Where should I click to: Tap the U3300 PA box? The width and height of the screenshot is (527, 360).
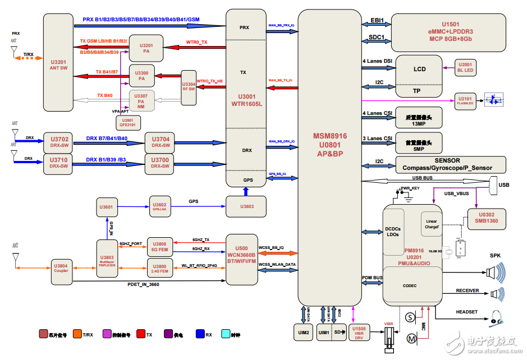point(142,76)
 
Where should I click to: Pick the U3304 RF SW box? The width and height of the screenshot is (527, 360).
point(188,84)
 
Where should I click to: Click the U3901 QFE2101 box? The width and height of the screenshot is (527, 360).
point(127,122)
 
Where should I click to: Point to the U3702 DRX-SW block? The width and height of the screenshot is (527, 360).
point(59,141)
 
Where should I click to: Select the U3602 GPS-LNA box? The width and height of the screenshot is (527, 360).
point(159,207)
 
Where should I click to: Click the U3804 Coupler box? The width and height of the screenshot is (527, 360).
point(60,268)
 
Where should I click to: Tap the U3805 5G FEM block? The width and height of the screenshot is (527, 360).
point(160,246)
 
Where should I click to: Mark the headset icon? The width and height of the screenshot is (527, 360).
point(496,318)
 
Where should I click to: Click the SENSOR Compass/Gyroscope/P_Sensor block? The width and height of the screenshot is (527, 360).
point(451,164)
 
